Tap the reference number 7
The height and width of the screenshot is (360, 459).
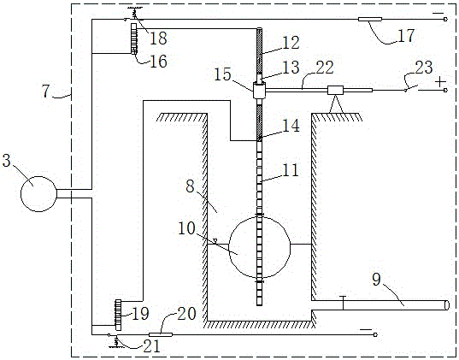46,91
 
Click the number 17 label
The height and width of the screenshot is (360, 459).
406,35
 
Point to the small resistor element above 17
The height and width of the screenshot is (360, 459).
370,20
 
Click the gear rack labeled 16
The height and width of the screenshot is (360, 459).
134,38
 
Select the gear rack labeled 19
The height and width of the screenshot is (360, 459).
119,315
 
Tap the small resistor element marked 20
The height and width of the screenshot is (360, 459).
161,334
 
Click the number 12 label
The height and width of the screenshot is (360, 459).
290,43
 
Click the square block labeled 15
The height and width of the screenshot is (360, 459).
259,91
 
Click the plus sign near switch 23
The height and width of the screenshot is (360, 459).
440,82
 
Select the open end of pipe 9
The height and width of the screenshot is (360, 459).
446,305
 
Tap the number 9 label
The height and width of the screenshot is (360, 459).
376,279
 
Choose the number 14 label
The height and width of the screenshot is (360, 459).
290,126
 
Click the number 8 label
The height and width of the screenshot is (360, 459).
191,186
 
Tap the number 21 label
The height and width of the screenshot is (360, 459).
151,346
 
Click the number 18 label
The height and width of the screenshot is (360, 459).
158,38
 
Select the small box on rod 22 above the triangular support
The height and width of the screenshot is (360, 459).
335,91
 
